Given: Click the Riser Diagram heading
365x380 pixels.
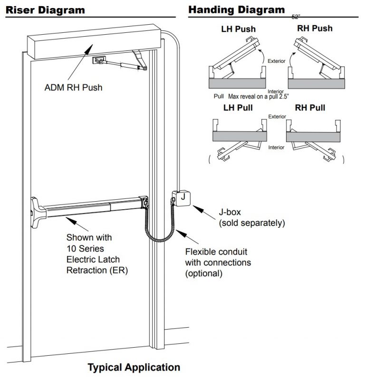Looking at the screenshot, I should (x=45, y=10).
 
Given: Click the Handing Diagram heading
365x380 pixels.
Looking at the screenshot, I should (x=236, y=10).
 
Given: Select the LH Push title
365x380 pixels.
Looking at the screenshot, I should (x=238, y=29).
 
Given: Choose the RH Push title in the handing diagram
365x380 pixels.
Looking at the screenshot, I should (x=315, y=28).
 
